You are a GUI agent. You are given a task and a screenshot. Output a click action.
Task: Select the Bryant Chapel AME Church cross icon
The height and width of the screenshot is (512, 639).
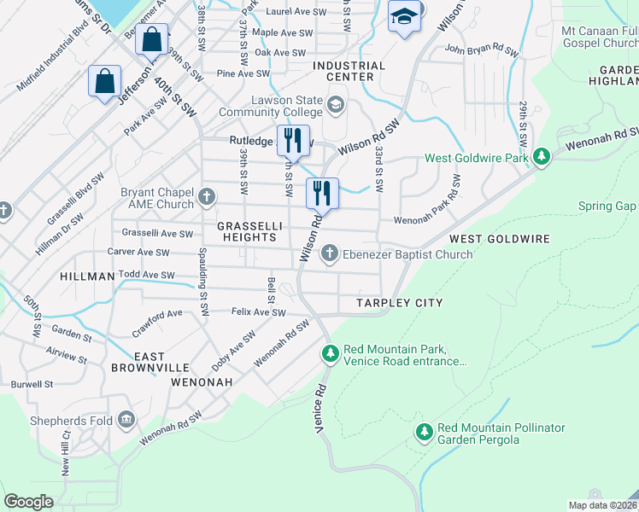207,198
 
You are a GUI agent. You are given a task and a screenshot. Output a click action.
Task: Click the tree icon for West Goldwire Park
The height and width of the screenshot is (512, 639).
540,157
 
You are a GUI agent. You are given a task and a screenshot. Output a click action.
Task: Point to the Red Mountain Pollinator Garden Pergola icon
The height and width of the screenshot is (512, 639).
424,433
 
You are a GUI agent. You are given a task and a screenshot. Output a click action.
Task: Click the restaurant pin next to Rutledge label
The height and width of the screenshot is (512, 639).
291,139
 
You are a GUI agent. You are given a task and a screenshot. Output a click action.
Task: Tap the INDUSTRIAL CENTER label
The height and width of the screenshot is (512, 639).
349,71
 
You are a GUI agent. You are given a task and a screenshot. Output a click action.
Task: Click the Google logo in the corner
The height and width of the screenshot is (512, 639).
29,502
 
